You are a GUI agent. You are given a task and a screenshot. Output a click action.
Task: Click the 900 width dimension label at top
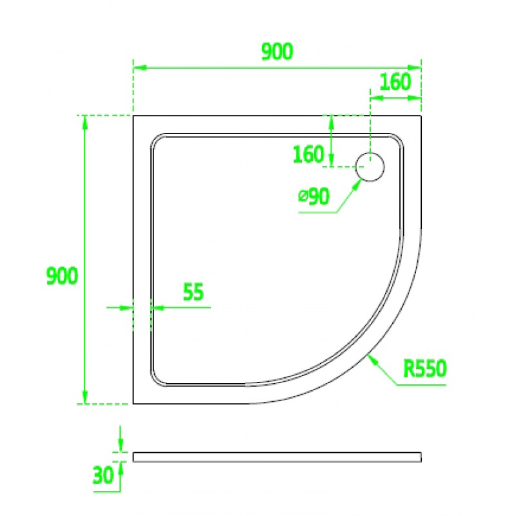(x=277, y=52)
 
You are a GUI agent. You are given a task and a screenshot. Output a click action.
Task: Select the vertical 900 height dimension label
(x=62, y=276)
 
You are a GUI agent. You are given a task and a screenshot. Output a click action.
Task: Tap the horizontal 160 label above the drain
(x=395, y=82)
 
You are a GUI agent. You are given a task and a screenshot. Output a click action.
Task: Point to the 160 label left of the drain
(x=308, y=154)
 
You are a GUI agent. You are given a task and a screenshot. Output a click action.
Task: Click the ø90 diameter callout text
(x=313, y=197)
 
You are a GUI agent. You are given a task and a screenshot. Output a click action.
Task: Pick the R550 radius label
(x=425, y=368)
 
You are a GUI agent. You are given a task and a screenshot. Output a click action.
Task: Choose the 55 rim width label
(x=193, y=292)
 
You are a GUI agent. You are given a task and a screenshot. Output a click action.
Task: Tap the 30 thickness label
(x=103, y=475)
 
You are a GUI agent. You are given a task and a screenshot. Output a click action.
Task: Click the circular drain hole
(x=370, y=167)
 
